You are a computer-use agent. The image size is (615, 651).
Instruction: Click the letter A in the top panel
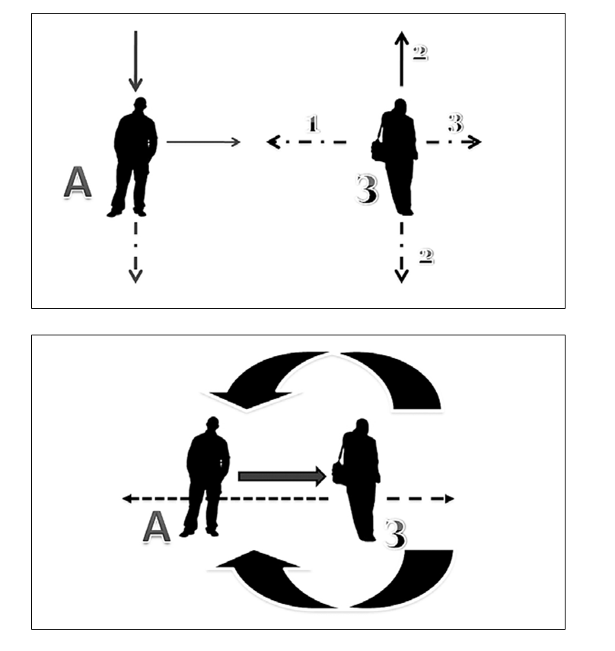pos(77,183)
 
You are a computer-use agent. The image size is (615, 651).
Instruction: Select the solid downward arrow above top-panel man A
pos(135,61)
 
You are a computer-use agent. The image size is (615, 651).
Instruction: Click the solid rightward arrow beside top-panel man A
pos(203,141)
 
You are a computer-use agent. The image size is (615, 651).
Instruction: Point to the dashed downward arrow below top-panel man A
pos(135,251)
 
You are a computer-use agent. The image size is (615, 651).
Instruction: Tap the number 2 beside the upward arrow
pos(419,52)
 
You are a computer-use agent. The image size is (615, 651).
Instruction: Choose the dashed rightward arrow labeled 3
pos(453,141)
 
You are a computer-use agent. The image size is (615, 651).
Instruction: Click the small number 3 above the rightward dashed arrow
pos(454,122)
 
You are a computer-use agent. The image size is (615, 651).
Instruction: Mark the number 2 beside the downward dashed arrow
pos(425,256)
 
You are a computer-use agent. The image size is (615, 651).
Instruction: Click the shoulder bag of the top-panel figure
pos(378,148)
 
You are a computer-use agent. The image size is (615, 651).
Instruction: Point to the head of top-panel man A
pos(139,105)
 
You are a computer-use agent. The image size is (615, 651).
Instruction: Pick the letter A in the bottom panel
pos(156,527)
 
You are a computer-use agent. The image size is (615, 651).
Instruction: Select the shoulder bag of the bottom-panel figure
pos(339,473)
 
